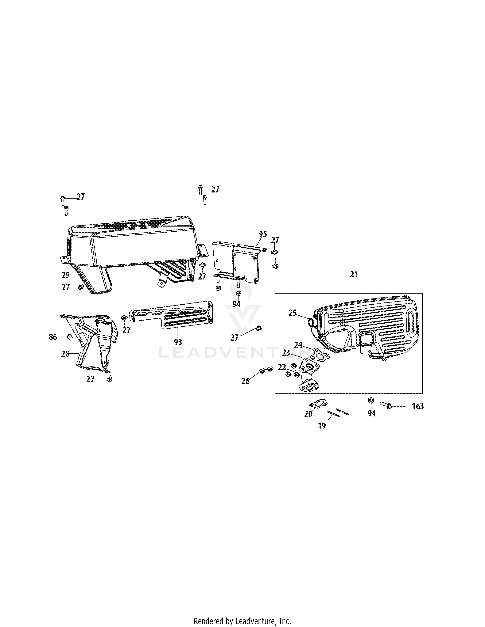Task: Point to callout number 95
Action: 263,234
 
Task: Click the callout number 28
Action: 65,354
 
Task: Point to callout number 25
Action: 293,313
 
